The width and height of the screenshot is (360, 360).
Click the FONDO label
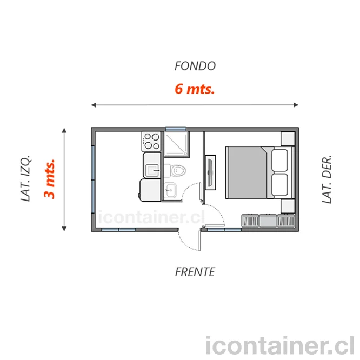195,66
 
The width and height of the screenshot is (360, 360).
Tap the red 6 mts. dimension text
195,89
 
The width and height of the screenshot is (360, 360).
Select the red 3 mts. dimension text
50,178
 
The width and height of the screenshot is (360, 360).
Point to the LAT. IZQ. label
25,178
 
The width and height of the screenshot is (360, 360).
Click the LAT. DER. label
326,179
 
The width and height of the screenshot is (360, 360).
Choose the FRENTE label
195,272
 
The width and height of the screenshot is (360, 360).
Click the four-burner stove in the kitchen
151,141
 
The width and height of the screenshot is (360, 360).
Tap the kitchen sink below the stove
151,165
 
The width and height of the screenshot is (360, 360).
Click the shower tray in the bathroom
177,144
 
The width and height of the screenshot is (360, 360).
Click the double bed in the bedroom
260,172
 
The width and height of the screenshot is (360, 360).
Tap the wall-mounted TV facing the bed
210,172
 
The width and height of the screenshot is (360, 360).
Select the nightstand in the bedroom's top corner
288,139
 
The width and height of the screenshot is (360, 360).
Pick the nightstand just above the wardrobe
288,206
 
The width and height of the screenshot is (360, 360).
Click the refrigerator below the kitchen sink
150,190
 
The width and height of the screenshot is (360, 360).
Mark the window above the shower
176,129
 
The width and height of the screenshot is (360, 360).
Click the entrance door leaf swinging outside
200,241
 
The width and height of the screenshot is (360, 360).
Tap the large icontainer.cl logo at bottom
280,345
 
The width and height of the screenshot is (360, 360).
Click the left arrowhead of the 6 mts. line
94,105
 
